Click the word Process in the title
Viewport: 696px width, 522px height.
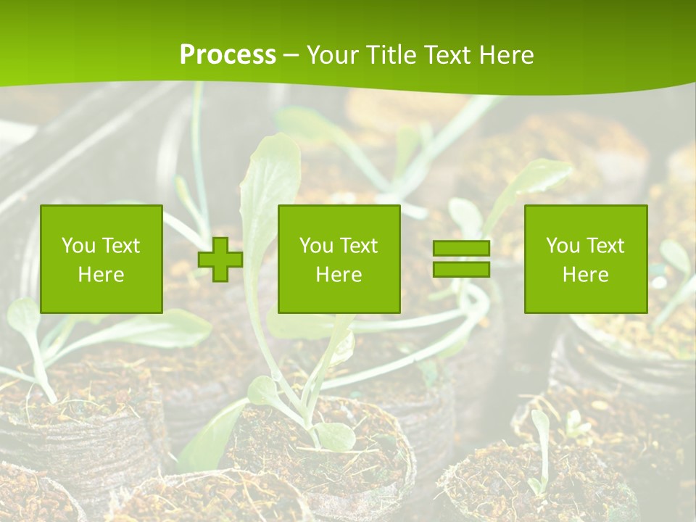[228, 55]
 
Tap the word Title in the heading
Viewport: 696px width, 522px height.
[389, 55]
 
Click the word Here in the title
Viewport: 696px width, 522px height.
[505, 55]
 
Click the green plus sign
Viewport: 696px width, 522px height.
[220, 260]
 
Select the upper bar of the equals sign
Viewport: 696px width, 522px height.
[461, 249]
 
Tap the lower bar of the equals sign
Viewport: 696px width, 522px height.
[461, 270]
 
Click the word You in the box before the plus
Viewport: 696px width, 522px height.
[78, 246]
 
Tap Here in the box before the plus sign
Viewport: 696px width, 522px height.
[101, 275]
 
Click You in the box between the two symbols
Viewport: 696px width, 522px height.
[315, 246]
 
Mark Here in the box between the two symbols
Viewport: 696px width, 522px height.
[339, 275]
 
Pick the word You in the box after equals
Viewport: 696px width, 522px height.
[562, 246]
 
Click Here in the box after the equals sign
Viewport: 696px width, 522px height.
[586, 275]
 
